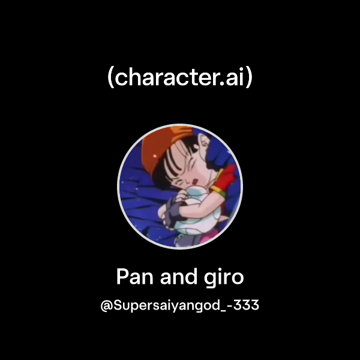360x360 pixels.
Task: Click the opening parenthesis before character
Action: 111,79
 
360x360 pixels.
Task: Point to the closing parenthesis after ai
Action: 249,79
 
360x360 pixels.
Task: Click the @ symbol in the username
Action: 107,305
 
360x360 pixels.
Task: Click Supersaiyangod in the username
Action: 163,306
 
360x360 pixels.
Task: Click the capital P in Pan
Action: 122,277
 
